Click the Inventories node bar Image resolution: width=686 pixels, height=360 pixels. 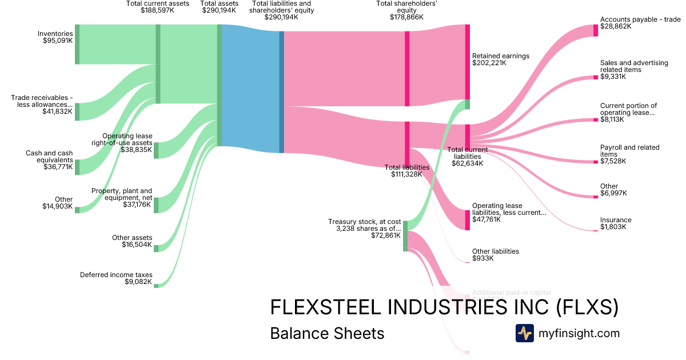point(77,45)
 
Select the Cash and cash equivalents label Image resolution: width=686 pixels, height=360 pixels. point(49,157)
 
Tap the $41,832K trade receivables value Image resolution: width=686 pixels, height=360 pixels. point(58,111)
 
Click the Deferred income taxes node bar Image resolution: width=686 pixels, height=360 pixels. point(156,286)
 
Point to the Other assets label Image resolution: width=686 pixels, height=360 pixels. point(132,238)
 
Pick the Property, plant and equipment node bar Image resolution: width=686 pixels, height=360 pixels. point(156,205)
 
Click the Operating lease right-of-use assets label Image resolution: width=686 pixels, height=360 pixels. point(127,139)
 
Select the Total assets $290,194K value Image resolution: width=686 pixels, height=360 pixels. point(219,10)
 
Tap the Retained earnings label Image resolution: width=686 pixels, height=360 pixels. point(501,56)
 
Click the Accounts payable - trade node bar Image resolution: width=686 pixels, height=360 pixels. point(596,30)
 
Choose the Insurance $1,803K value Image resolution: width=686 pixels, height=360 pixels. point(613,227)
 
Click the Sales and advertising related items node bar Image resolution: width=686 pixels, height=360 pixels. point(596,77)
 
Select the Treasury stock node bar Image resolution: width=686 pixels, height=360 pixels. point(405,235)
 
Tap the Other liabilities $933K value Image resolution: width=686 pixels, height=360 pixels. point(482,259)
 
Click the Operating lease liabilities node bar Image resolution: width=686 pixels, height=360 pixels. point(467,219)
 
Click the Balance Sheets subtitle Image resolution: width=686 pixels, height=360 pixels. point(327,333)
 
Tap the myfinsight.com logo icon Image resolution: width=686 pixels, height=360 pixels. point(524,333)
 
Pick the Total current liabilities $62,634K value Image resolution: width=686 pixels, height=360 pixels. point(468,163)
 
